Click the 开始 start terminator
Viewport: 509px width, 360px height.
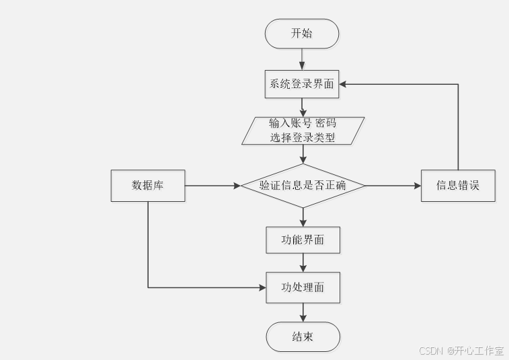pyautogui.click(x=302, y=34)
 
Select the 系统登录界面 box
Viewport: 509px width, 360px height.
pyautogui.click(x=302, y=85)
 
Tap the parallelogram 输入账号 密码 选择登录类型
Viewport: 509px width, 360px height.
pyautogui.click(x=303, y=131)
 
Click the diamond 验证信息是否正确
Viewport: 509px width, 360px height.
pyautogui.click(x=303, y=185)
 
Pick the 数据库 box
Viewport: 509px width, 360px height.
pyautogui.click(x=147, y=186)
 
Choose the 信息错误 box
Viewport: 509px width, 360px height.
pyautogui.click(x=458, y=186)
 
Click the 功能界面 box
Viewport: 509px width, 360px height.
pyautogui.click(x=303, y=240)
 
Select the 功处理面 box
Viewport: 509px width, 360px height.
pyautogui.click(x=303, y=287)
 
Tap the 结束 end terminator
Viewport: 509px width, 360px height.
pyautogui.click(x=303, y=336)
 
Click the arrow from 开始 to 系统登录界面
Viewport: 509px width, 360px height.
pyautogui.click(x=303, y=59)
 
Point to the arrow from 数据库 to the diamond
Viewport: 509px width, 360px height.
pyautogui.click(x=212, y=185)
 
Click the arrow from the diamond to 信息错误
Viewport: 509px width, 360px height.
pyautogui.click(x=393, y=185)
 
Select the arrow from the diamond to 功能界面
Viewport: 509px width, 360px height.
pyautogui.click(x=303, y=217)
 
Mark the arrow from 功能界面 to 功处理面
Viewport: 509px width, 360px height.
pyautogui.click(x=303, y=262)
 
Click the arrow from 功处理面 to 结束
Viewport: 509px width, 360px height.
pyautogui.click(x=303, y=312)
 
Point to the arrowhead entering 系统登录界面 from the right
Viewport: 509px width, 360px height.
pyautogui.click(x=344, y=85)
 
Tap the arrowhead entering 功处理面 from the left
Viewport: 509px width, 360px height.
pyautogui.click(x=262, y=287)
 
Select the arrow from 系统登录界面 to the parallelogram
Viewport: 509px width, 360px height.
pyautogui.click(x=303, y=108)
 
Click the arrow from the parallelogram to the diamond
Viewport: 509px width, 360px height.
pyautogui.click(x=303, y=154)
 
